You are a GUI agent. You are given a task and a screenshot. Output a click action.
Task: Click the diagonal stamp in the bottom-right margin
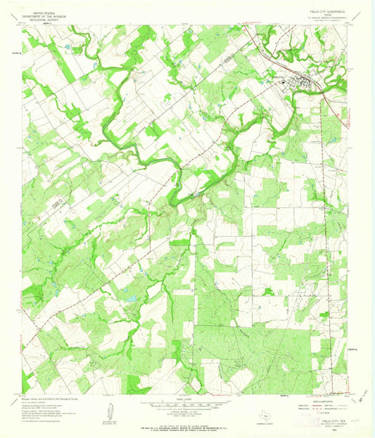tap(360, 397)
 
